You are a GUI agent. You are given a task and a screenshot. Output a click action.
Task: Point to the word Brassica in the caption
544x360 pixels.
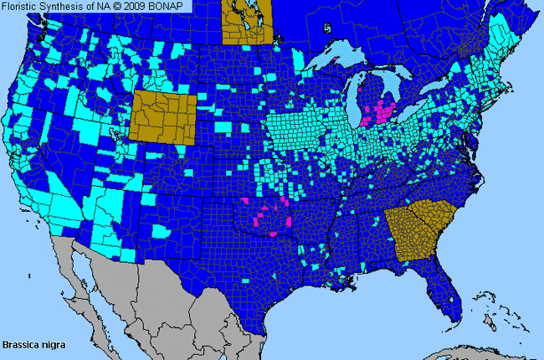pyautogui.click(x=20, y=344)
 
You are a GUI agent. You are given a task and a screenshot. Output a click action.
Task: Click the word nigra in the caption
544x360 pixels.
pyautogui.click(x=52, y=344)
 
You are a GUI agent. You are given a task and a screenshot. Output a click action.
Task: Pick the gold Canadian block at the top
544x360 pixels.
pyautogui.click(x=247, y=22)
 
